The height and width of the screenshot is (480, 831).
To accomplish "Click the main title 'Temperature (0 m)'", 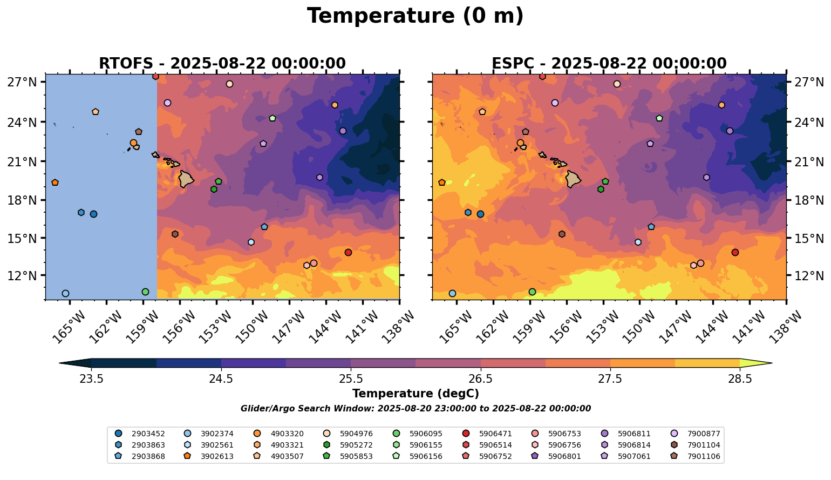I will click(x=415, y=16).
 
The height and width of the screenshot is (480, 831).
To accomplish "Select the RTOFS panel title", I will click(x=222, y=63).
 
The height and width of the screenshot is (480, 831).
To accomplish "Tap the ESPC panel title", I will click(x=609, y=63).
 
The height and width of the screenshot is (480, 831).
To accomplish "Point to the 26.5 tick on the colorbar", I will click(x=481, y=378).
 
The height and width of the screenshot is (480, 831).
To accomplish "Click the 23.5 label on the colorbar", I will click(x=91, y=378).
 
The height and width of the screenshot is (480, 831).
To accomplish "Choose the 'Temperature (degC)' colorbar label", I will click(x=415, y=394).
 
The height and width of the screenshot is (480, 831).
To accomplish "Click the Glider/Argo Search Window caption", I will click(x=416, y=409).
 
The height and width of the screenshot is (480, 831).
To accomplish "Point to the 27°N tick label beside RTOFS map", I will click(x=22, y=82).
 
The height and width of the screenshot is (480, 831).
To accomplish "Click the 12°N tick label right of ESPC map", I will click(x=809, y=276).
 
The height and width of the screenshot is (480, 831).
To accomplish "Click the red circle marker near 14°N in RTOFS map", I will click(x=348, y=252).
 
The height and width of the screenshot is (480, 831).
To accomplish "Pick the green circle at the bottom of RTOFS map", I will click(x=145, y=292).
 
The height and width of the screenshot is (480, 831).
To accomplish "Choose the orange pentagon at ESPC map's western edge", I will click(x=442, y=182).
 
